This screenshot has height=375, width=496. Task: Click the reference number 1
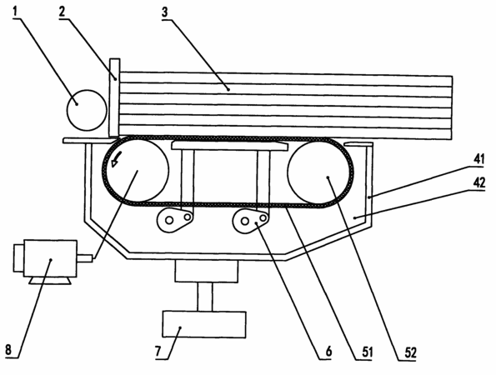coord(16,12)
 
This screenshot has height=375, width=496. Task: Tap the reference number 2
coord(63,12)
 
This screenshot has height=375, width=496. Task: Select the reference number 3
coord(165,12)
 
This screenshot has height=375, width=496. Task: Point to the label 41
coord(478,159)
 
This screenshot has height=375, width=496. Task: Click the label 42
coord(479,182)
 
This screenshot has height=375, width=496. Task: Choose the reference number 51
coord(368,352)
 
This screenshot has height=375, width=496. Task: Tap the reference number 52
coord(410,352)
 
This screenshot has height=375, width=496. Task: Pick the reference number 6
coord(328,352)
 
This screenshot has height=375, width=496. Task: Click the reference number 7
coord(158,352)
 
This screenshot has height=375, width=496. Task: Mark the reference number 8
coord(8,350)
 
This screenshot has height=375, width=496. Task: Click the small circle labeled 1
coord(87,110)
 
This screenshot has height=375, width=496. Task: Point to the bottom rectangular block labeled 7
coord(204,325)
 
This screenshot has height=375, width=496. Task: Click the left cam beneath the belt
coord(174,219)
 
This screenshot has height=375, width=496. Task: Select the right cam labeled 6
coord(250,220)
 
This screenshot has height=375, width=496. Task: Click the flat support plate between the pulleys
coord(229,146)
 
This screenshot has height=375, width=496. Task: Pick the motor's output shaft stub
coord(85,258)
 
